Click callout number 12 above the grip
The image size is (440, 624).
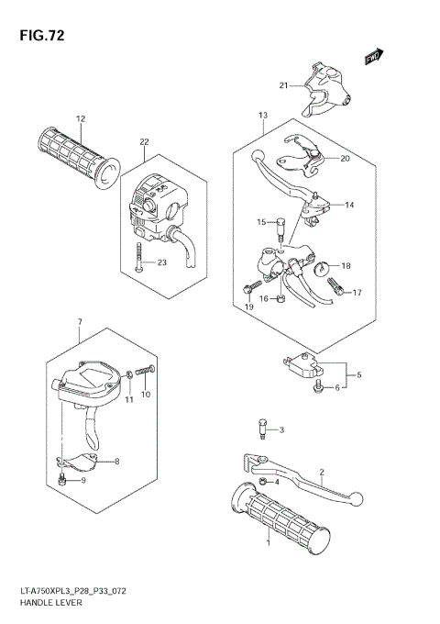(x=80, y=119)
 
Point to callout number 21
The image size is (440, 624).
(x=284, y=86)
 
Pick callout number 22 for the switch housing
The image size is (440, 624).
(x=144, y=141)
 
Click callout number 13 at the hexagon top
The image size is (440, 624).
(x=262, y=116)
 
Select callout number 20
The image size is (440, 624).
(x=345, y=158)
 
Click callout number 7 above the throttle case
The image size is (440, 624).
(x=80, y=321)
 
